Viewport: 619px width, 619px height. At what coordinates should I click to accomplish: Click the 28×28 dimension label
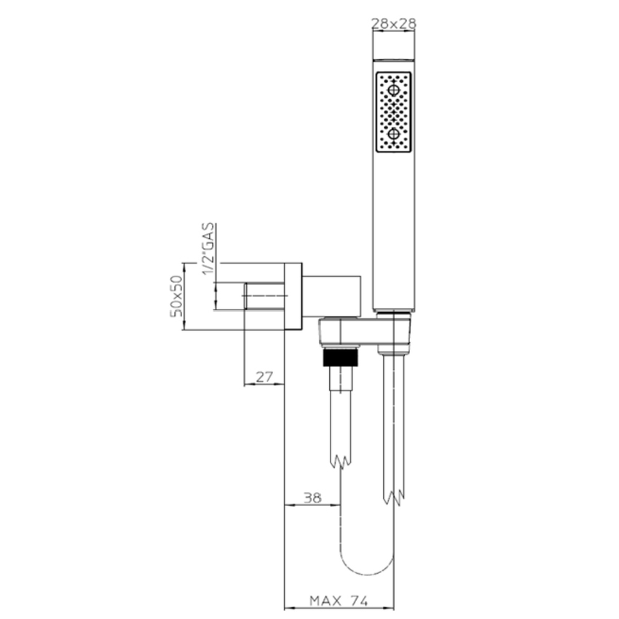point(393,23)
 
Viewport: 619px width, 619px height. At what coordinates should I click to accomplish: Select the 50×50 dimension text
point(175,296)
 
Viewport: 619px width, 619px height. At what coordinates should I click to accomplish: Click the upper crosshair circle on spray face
point(393,91)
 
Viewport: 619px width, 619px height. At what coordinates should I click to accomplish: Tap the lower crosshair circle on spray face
point(393,134)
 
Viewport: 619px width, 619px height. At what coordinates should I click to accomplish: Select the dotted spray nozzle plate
point(393,112)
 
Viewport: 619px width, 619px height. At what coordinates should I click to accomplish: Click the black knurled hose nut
point(341,358)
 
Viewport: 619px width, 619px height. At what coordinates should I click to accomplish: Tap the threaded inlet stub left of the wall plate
point(263,297)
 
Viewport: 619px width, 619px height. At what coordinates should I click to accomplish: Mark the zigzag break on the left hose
point(340,461)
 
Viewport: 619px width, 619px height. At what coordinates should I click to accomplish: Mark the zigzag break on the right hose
point(393,497)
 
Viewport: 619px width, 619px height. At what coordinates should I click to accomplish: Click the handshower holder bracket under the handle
point(364,332)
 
